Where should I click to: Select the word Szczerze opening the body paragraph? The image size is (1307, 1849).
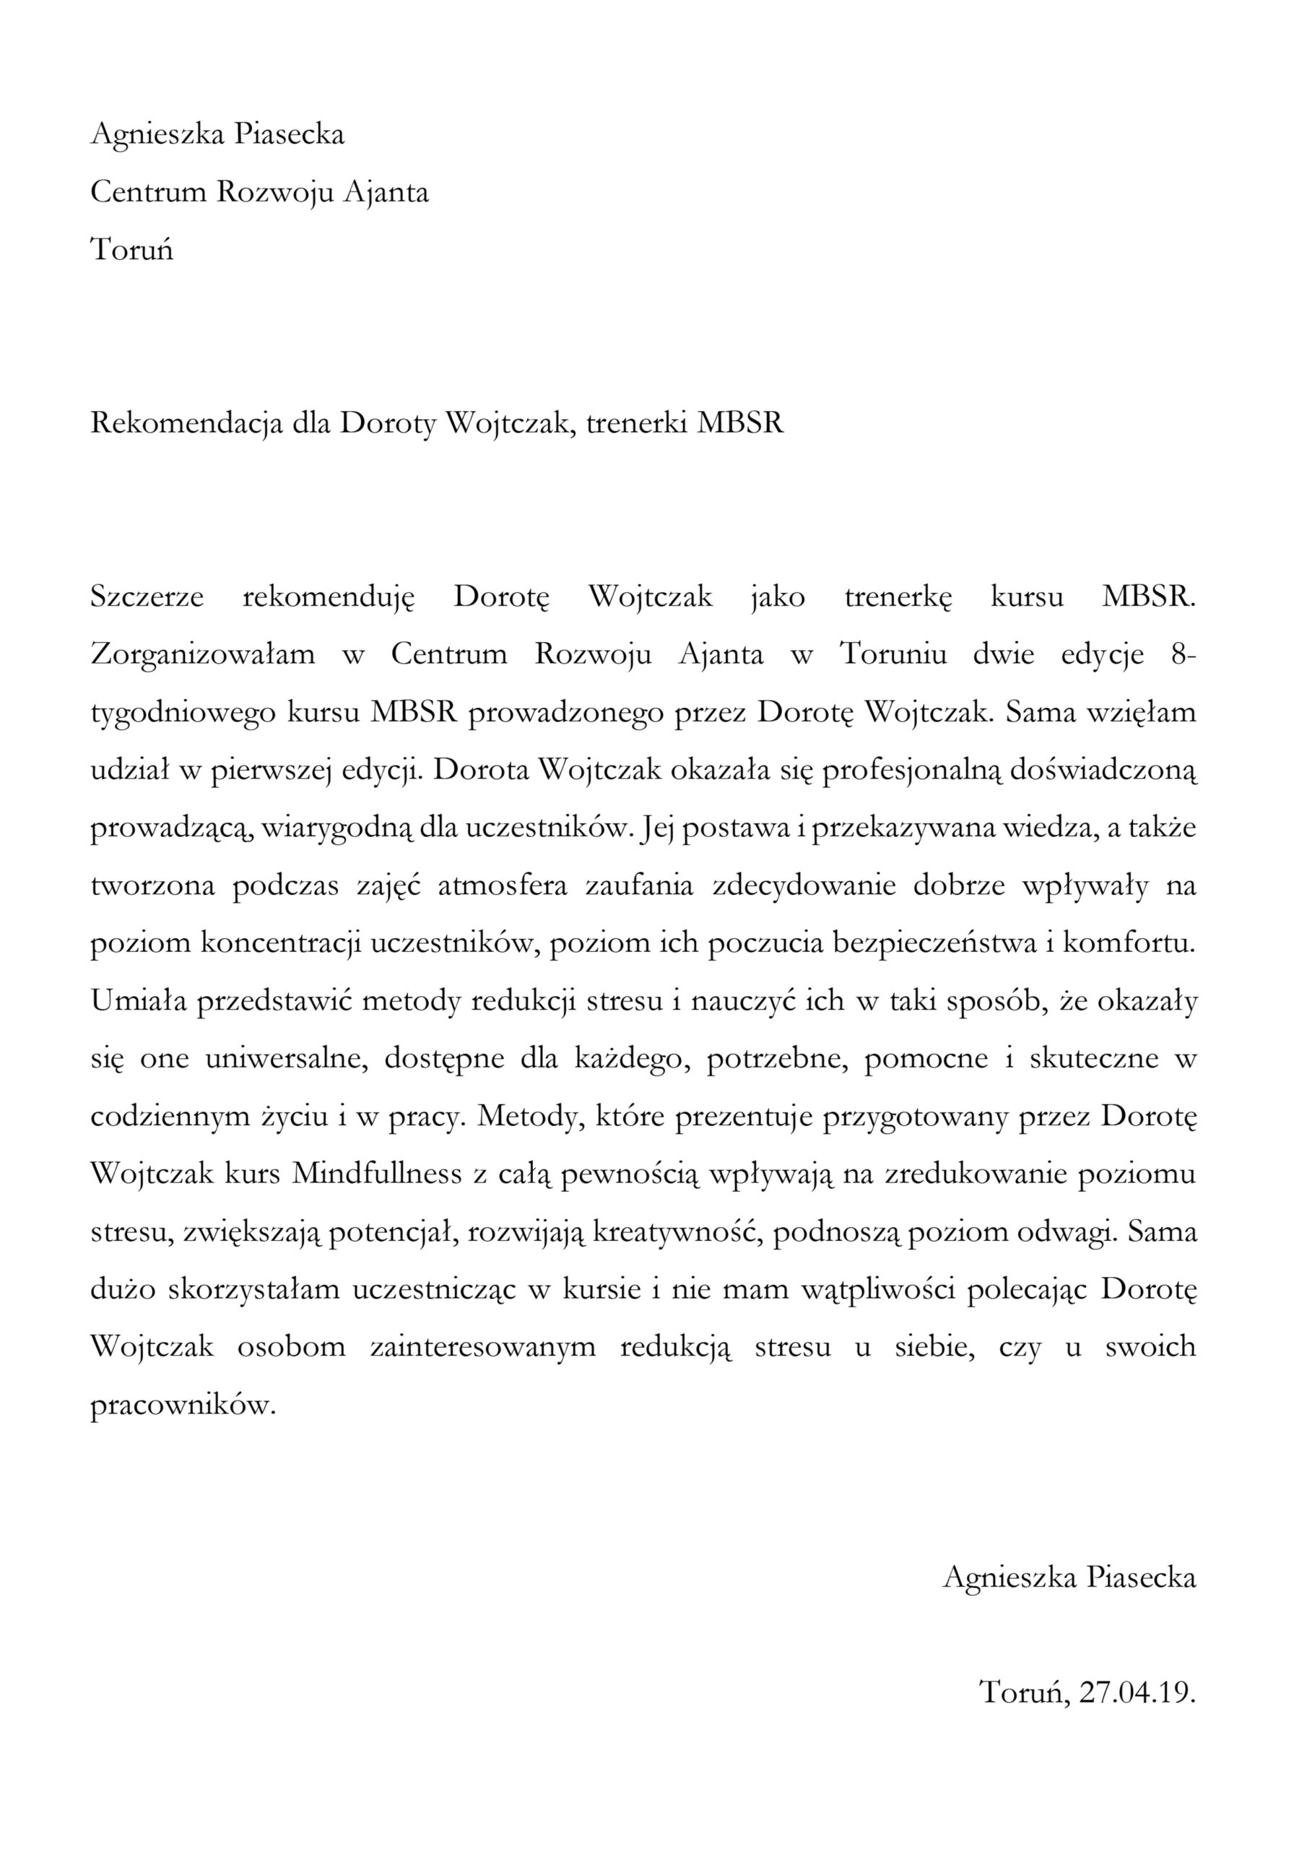click(x=147, y=597)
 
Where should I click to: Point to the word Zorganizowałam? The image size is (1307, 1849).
click(x=203, y=654)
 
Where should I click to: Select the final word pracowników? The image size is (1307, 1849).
click(x=183, y=1349)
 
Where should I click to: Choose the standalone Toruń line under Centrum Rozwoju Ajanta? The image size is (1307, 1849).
click(x=132, y=250)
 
